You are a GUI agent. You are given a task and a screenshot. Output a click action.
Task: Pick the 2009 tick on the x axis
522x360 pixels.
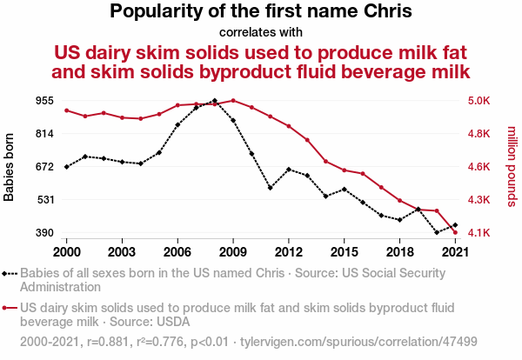[x=233, y=251]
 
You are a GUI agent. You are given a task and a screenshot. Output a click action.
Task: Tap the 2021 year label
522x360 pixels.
[x=455, y=251]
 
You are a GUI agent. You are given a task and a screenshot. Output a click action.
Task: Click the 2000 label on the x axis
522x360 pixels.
[x=67, y=251]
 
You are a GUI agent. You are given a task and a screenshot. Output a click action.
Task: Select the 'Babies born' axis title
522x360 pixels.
[x=10, y=167]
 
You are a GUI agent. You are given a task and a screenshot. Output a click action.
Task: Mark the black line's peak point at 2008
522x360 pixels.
[x=215, y=101]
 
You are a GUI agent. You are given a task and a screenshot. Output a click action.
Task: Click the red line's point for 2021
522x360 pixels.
[x=455, y=232]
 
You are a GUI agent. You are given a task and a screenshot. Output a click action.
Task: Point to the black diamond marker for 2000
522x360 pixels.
[x=67, y=166]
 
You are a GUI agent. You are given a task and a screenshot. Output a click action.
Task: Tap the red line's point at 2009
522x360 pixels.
[x=233, y=100]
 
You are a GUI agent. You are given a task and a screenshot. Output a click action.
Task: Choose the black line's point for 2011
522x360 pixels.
[x=271, y=187]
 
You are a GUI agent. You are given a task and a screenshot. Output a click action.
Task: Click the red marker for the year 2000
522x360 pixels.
[x=67, y=110]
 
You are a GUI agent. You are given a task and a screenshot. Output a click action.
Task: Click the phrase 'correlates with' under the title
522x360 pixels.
[x=261, y=32]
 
